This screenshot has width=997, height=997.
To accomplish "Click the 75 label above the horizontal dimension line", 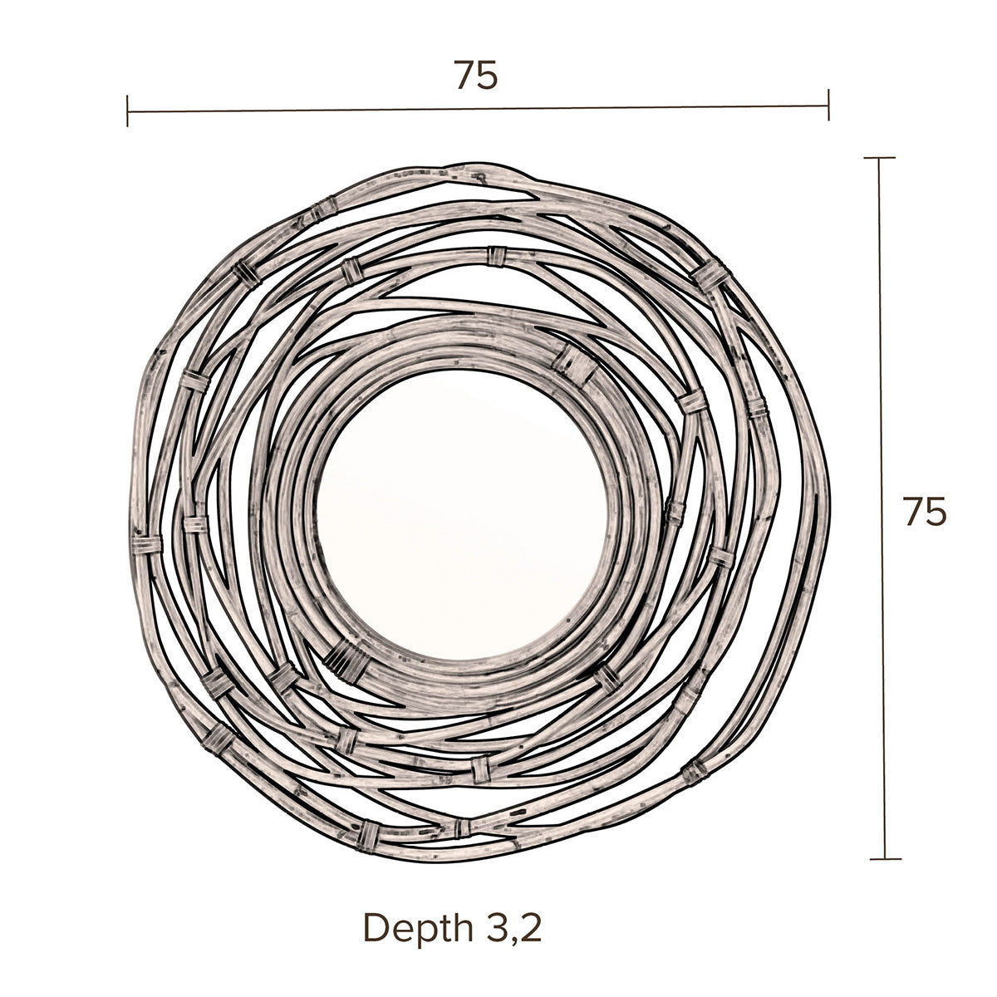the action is [x=476, y=76].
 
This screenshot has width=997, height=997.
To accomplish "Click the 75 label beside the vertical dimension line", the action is [x=925, y=512].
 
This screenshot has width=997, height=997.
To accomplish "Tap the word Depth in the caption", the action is [x=419, y=929].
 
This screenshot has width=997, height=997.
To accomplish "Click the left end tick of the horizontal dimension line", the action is [x=127, y=111].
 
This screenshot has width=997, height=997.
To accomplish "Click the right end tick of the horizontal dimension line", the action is [x=828, y=105].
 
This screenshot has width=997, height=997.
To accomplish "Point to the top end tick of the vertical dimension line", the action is [x=879, y=158].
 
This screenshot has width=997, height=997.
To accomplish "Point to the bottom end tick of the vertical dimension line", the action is [x=885, y=859].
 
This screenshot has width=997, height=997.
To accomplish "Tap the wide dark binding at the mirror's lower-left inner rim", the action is [x=347, y=663].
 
